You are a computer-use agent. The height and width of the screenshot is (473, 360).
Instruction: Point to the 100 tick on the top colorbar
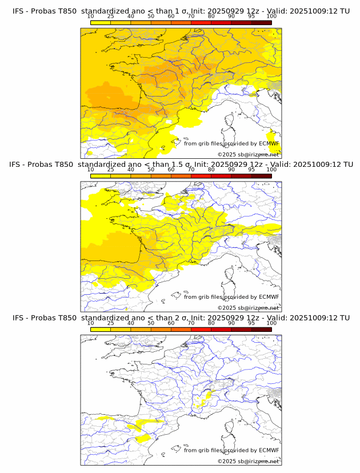click(x=271, y=16)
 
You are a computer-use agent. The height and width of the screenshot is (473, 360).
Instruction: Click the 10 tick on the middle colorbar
click(x=91, y=170)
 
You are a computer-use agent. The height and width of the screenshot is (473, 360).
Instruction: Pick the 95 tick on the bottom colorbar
click(x=251, y=323)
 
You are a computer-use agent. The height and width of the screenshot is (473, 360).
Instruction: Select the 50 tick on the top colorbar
click(x=151, y=16)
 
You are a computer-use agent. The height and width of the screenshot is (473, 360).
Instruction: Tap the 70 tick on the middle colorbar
click(x=191, y=170)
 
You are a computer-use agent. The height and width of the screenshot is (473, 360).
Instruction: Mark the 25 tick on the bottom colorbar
click(x=111, y=323)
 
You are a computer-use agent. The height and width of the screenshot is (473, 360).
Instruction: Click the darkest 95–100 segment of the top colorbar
click(x=261, y=22)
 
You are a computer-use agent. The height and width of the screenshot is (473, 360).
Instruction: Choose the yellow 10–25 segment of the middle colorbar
click(x=101, y=176)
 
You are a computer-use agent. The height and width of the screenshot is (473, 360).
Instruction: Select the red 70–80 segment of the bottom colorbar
click(x=201, y=329)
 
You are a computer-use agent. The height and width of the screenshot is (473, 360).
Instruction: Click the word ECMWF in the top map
click(x=269, y=144)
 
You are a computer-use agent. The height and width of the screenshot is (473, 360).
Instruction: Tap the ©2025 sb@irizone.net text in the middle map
click(x=248, y=307)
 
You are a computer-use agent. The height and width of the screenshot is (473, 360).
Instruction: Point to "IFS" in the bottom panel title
click(x=19, y=318)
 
